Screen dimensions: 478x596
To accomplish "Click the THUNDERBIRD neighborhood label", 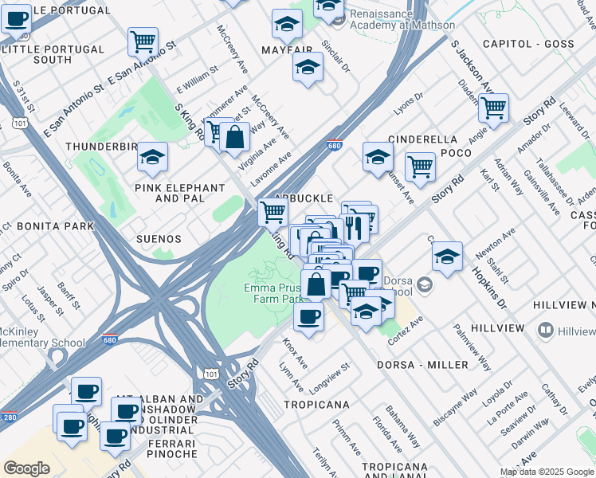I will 101,147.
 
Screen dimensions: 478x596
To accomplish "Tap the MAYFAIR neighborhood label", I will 287,49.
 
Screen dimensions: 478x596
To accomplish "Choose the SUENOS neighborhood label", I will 159,239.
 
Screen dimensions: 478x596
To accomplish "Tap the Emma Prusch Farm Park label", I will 274,293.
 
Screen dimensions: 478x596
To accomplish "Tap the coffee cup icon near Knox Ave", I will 308,316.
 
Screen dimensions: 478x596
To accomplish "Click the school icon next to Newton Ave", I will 448,256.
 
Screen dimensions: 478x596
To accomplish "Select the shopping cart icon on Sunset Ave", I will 420,167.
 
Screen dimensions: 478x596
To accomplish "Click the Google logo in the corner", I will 27,468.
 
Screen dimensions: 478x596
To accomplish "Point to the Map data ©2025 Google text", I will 547,472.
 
